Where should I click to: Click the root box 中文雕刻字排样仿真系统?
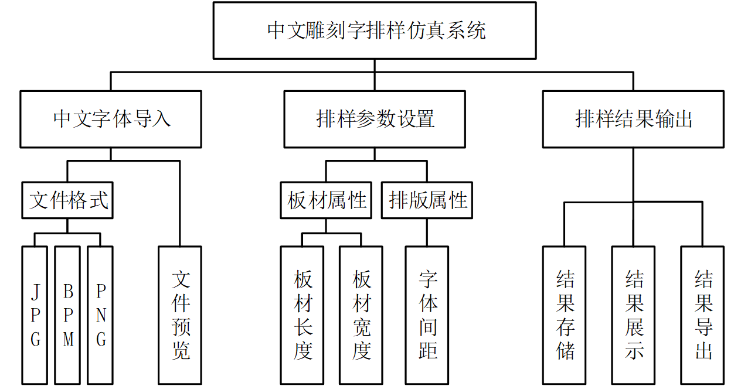point(375,30)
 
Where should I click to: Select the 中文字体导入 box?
point(111,119)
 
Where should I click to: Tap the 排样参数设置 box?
point(375,119)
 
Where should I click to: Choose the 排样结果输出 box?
point(633,119)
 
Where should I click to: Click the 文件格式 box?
point(67,200)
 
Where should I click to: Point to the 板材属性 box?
point(326,200)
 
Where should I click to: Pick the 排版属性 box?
point(427,200)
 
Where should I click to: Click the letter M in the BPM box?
point(68,340)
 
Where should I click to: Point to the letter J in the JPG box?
point(35,291)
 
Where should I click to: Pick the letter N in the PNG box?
point(101,316)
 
